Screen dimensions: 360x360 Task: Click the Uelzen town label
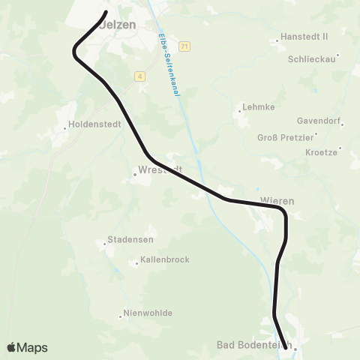pyautogui.click(x=118, y=24)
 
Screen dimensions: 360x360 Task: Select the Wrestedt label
pyautogui.click(x=160, y=169)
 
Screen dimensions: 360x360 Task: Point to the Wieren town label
pyautogui.click(x=277, y=201)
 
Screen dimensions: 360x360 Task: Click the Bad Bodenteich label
pyautogui.click(x=253, y=345)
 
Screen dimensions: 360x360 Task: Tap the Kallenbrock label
pyautogui.click(x=164, y=259)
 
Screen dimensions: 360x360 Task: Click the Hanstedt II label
pyautogui.click(x=304, y=36)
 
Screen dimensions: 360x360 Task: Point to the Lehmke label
pyautogui.click(x=259, y=106)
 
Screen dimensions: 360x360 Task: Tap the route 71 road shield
pyautogui.click(x=184, y=46)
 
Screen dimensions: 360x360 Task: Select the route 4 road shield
pyautogui.click(x=140, y=76)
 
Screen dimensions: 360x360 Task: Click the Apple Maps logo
pyautogui.click(x=27, y=347)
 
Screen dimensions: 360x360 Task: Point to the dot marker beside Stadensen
pyautogui.click(x=104, y=243)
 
